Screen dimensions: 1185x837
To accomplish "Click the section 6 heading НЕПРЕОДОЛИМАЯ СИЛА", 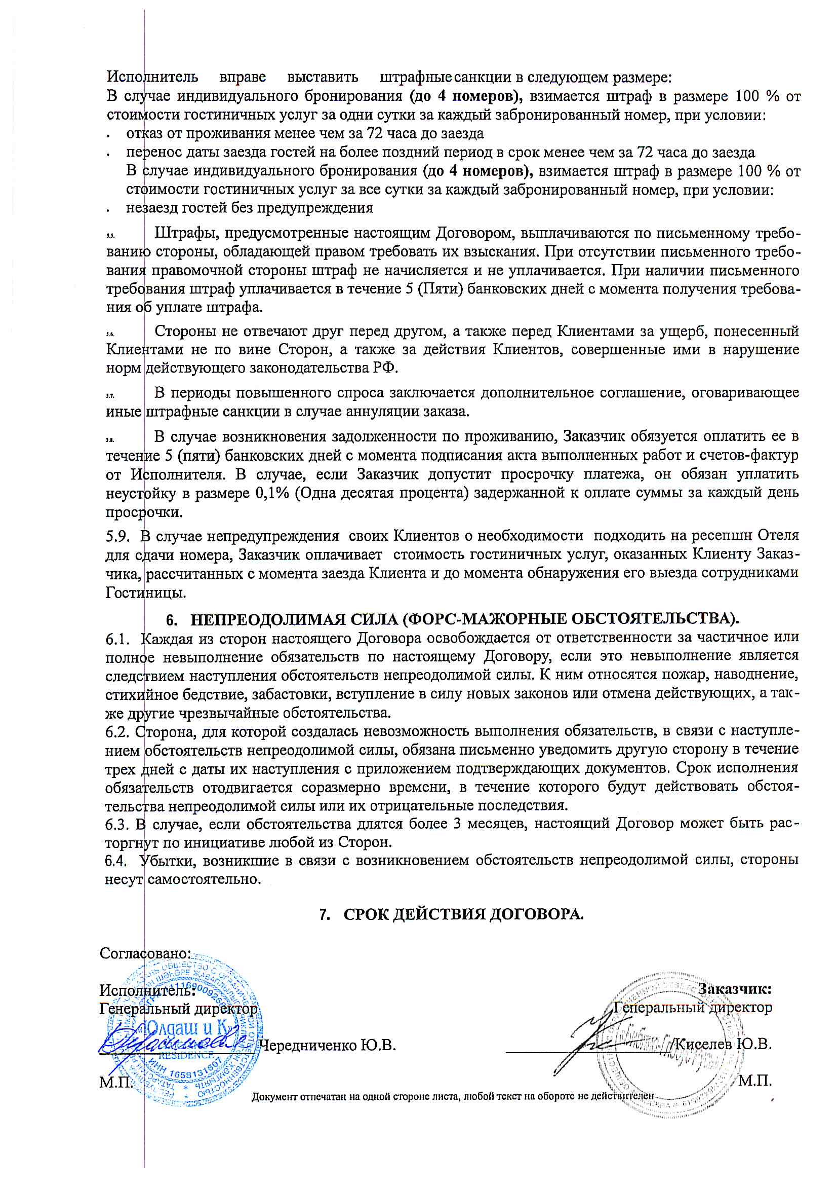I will [464, 619].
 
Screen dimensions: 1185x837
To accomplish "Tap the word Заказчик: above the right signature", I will [734, 989].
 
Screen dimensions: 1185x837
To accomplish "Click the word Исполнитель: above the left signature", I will [147, 990].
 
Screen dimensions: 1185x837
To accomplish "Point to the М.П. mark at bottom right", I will [755, 1080].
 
